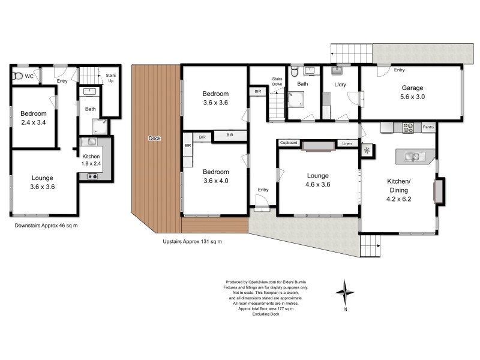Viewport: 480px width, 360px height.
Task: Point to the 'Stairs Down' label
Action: (277, 81)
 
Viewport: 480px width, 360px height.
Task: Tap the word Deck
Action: (155, 139)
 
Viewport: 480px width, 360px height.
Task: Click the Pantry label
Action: (428, 127)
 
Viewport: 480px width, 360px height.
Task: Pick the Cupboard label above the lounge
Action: (289, 143)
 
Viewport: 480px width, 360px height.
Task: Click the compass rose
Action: (346, 292)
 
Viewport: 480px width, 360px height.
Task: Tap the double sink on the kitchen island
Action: (412, 157)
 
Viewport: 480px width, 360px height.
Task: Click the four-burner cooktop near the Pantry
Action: (408, 127)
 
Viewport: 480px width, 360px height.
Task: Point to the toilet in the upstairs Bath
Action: (293, 73)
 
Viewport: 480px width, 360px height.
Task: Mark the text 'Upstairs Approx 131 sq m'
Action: (192, 241)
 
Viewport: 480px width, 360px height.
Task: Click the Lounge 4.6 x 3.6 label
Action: (317, 180)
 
